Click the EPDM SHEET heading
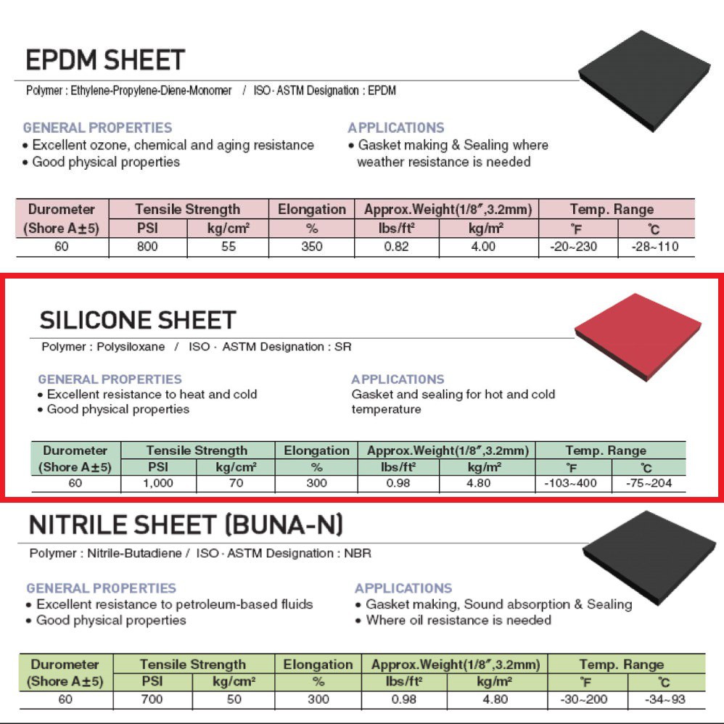105,59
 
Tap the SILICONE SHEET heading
138,320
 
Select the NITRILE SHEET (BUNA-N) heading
186,524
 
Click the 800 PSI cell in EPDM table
148,247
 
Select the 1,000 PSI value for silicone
159,482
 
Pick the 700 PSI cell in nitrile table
152,699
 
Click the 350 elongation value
312,247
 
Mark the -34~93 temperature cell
665,699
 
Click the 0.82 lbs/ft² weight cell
397,247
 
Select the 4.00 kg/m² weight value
482,247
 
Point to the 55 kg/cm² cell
228,247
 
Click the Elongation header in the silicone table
316,451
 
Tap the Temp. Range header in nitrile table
621,665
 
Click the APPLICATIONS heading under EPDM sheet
395,128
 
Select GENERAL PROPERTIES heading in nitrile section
101,588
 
